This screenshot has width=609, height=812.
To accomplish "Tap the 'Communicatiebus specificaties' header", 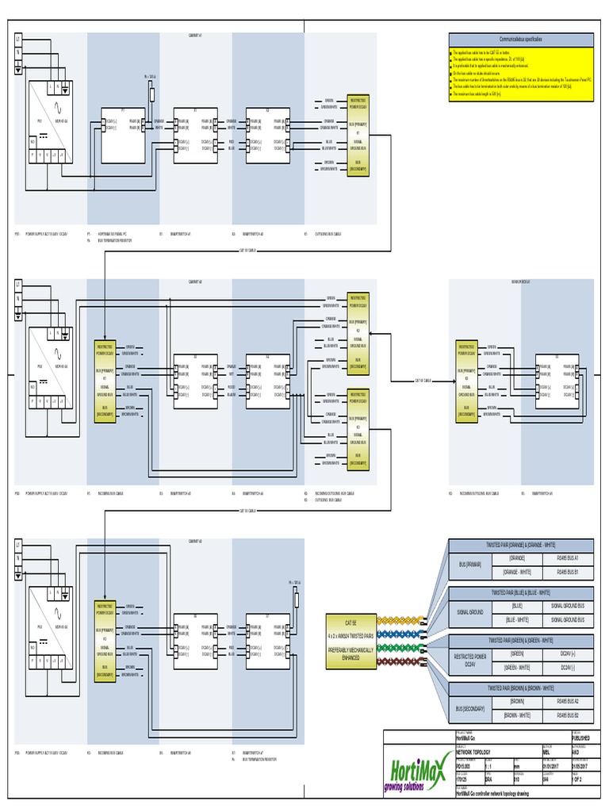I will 520,39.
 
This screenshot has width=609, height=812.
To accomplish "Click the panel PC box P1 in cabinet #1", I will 122,135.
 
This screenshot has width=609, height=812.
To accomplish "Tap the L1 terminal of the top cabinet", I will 17,40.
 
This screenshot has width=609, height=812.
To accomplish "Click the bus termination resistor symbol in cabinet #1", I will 150,92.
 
